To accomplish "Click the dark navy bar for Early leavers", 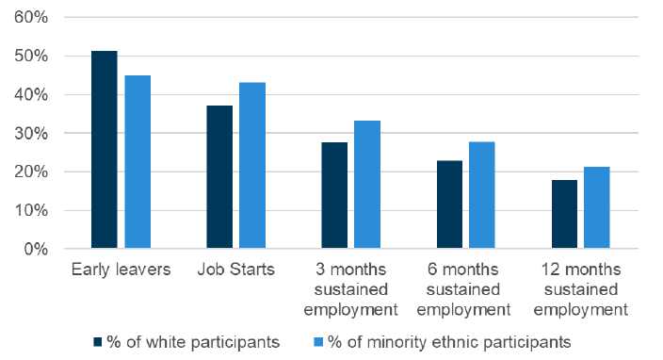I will (104, 150).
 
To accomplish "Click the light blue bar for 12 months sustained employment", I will (597, 207).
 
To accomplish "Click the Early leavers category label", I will (121, 270).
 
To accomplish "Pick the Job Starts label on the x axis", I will (235, 270).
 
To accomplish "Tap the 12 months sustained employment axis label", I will (580, 289).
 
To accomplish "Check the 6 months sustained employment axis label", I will (465, 289).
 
